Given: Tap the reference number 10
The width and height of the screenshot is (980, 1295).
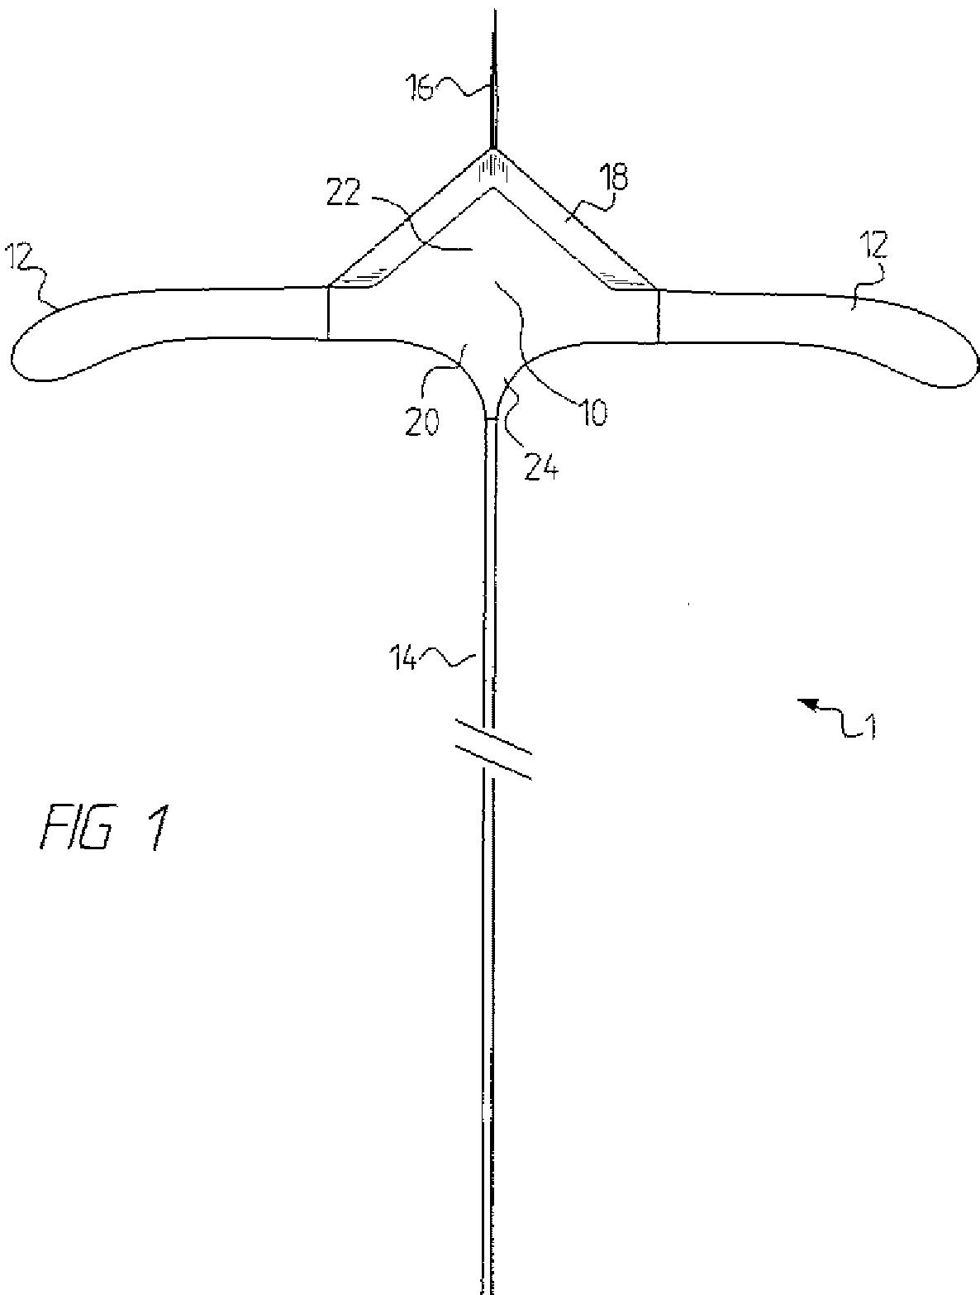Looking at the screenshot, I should pos(592,410).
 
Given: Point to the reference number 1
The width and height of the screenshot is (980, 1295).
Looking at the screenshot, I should pos(867,726).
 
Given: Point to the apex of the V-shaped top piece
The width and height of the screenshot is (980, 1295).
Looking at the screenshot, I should pos(493,154).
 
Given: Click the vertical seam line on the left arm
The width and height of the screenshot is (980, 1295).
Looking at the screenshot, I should pos(328,312).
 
